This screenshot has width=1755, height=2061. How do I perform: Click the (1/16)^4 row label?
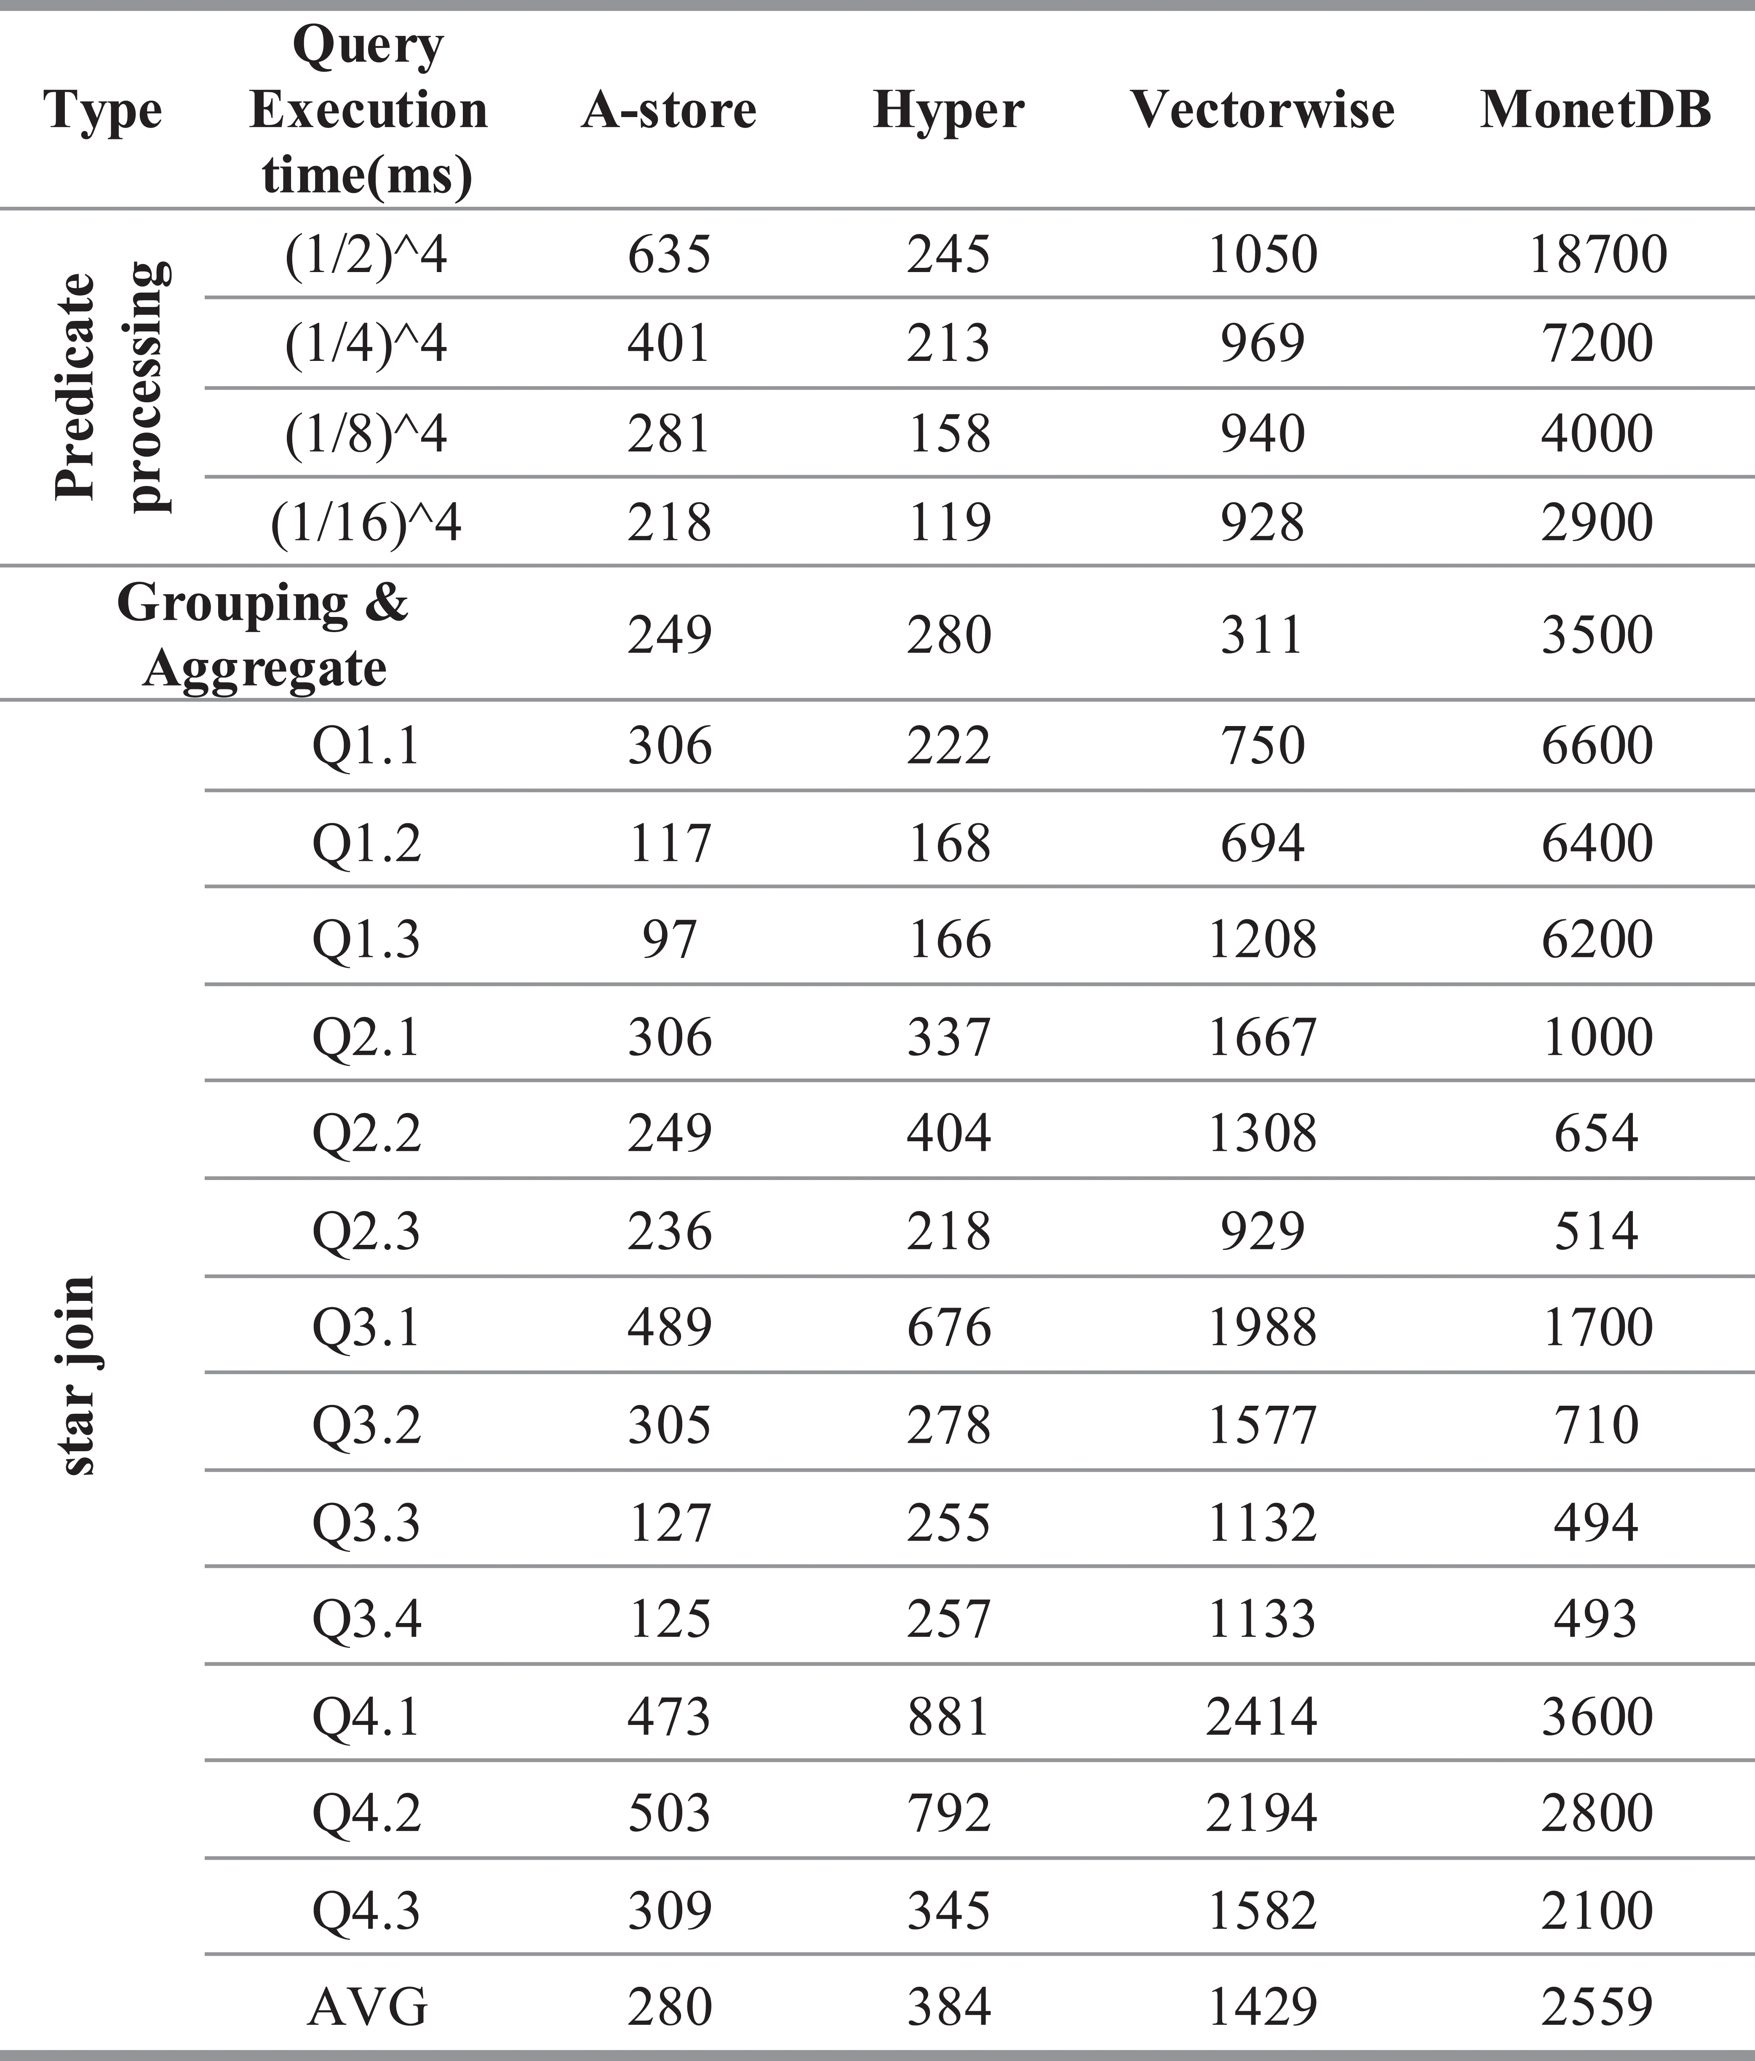[x=366, y=522]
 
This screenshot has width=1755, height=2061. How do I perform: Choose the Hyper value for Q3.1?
[x=948, y=1327]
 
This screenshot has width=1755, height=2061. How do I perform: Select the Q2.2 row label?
[x=366, y=1133]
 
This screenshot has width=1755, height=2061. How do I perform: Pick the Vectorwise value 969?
[x=1261, y=343]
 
